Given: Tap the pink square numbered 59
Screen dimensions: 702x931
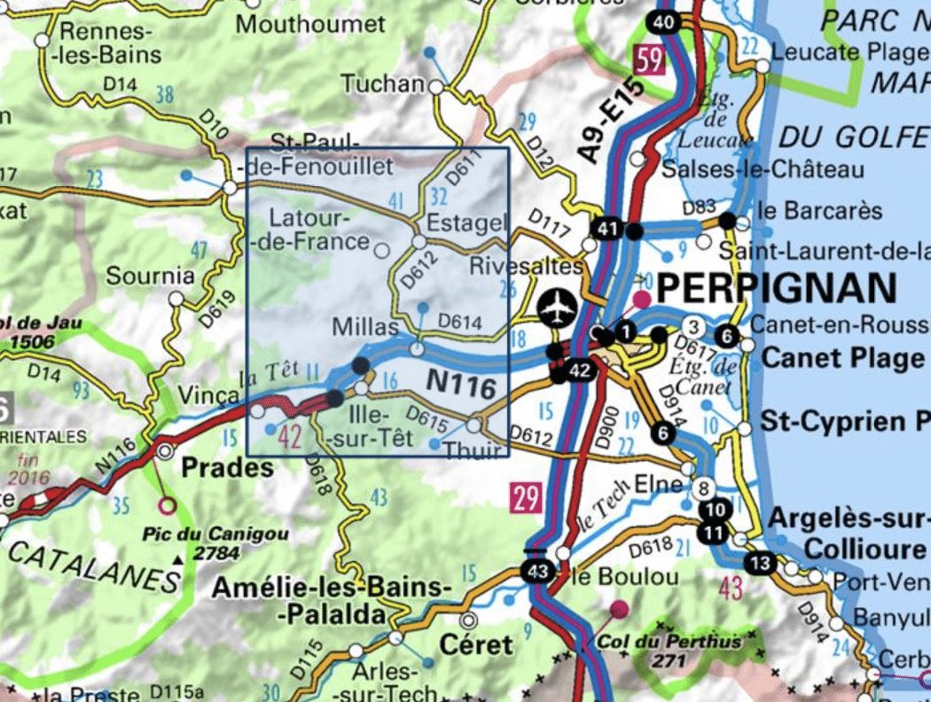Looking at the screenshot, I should pyautogui.click(x=650, y=61).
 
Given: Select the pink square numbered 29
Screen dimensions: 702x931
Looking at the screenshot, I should pyautogui.click(x=526, y=498).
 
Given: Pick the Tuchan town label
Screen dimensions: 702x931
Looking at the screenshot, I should pyautogui.click(x=383, y=84).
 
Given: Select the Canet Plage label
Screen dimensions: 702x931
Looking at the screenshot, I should pyautogui.click(x=842, y=358).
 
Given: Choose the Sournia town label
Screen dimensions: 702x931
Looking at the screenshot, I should pyautogui.click(x=150, y=276).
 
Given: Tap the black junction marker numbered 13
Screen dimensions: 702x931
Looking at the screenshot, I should pyautogui.click(x=758, y=563).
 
